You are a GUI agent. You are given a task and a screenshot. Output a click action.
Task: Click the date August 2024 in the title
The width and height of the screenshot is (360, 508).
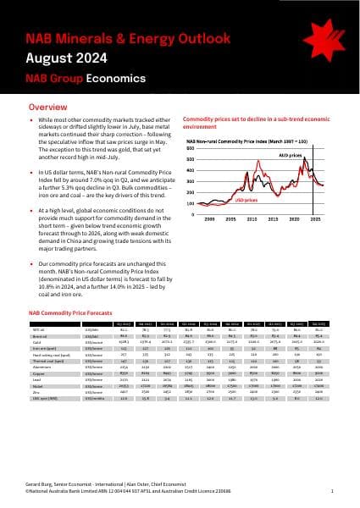(66, 58)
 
